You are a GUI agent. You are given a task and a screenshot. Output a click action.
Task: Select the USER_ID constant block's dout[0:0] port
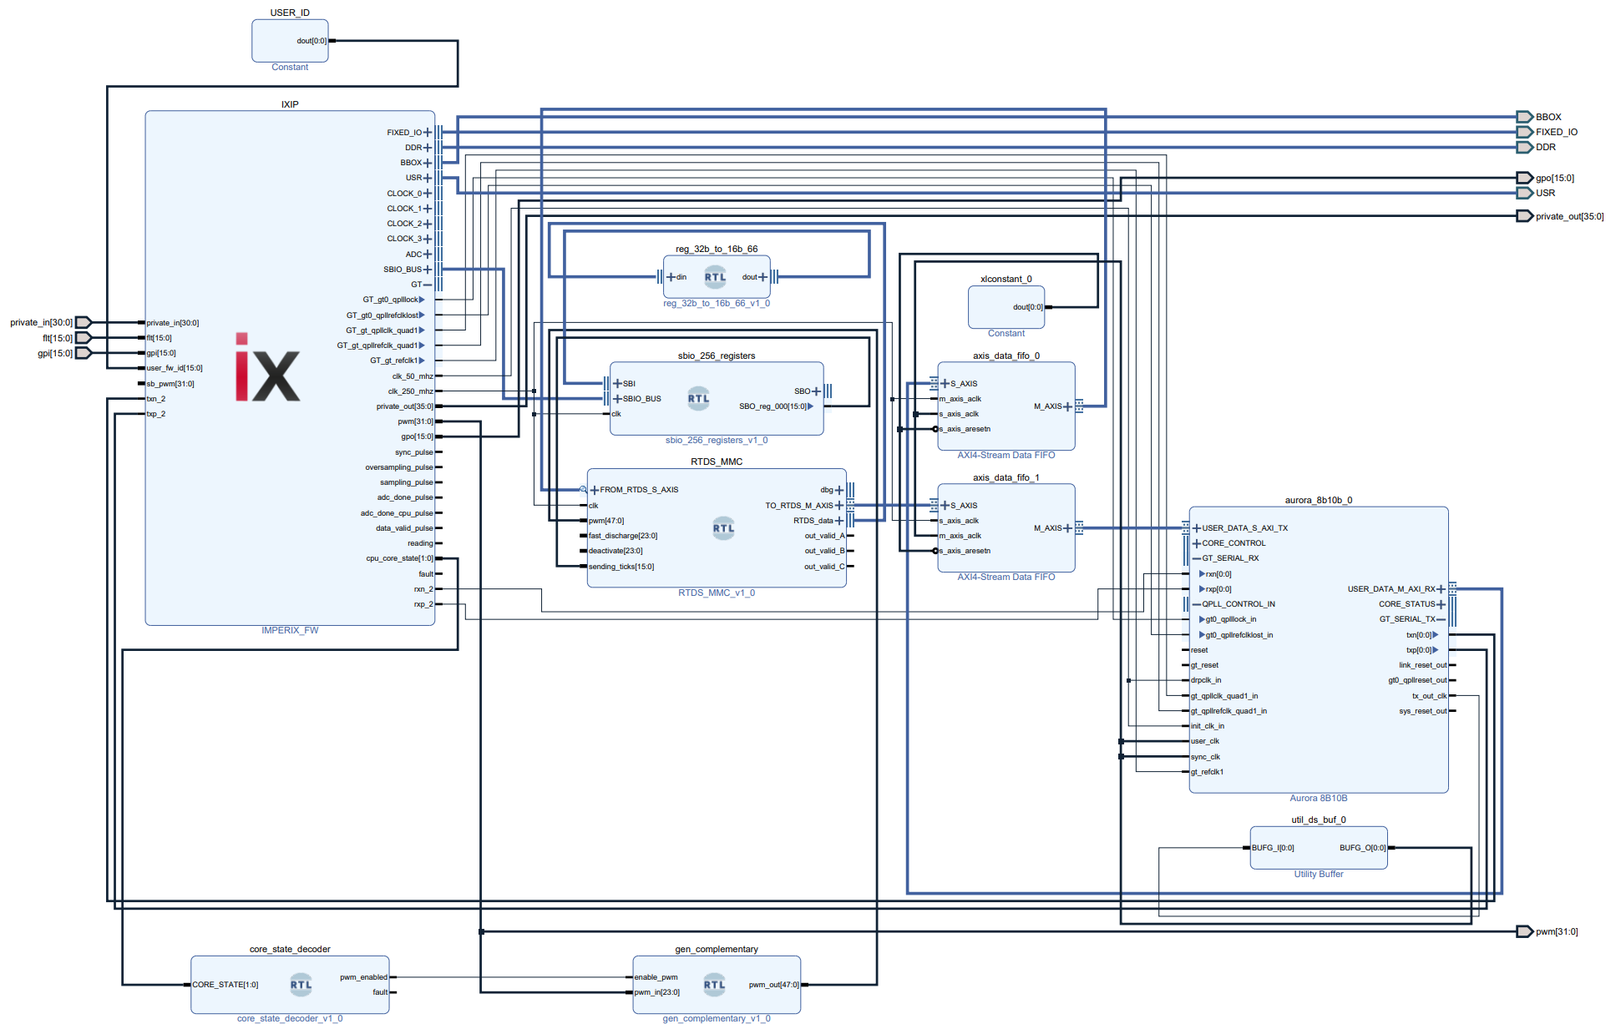312,41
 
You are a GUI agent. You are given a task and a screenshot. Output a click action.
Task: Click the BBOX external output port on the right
1524,117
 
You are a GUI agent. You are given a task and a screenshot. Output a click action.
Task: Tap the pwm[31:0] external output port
1524,931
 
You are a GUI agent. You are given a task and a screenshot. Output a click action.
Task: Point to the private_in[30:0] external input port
83,322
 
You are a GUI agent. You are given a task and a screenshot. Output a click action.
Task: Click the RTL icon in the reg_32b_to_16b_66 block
715,277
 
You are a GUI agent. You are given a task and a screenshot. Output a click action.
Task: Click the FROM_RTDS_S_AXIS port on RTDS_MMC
637,490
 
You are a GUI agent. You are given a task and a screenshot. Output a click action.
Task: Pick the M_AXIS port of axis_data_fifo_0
1049,406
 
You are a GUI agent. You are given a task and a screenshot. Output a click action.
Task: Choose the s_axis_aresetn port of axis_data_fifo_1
965,551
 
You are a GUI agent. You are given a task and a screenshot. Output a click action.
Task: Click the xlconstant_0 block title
1006,279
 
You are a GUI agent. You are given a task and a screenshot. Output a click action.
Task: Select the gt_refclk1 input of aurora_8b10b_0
1207,772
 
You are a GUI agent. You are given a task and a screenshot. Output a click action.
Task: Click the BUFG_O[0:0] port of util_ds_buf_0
1362,848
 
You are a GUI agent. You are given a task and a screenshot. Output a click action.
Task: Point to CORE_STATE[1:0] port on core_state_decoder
225,985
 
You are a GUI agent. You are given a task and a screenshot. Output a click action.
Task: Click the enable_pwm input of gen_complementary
656,977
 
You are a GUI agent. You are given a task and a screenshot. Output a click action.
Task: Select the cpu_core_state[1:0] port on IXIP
400,558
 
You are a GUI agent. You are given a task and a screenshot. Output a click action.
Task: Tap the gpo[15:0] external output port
1524,178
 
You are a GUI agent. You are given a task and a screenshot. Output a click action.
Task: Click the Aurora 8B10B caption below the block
1318,799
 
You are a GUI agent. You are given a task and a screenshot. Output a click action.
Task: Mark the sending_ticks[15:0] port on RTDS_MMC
621,567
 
